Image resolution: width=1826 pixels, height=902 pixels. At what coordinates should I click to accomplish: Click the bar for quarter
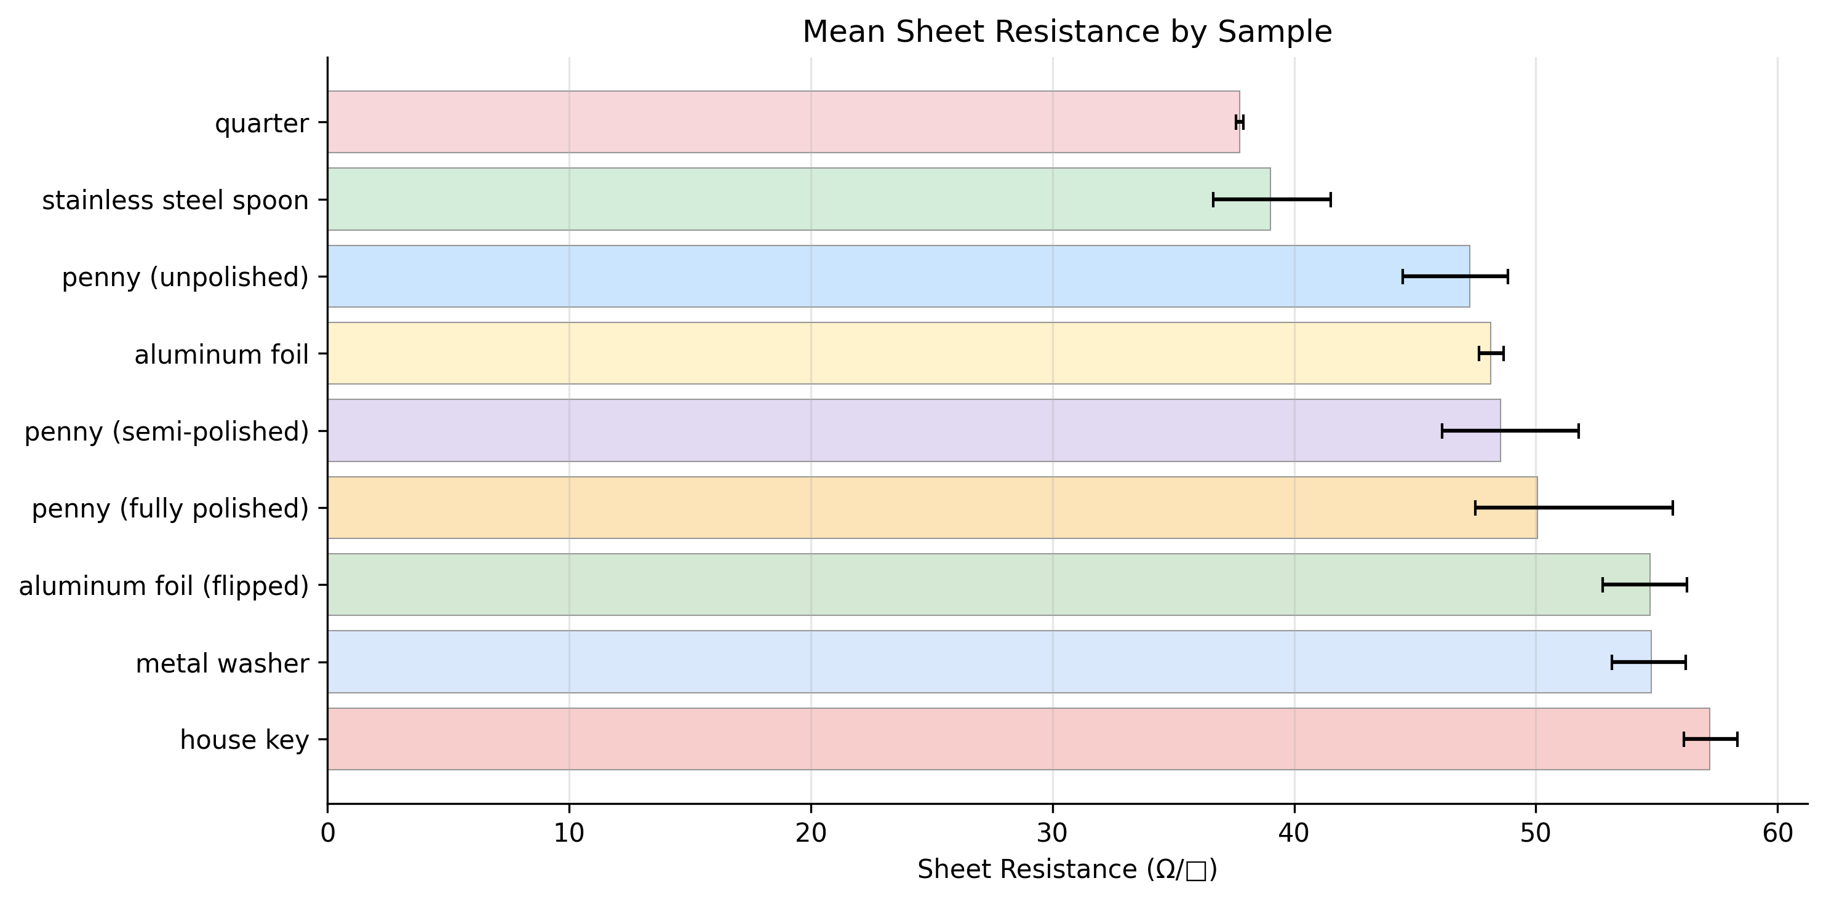pos(783,122)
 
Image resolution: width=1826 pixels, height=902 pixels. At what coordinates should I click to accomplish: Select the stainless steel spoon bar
pos(798,199)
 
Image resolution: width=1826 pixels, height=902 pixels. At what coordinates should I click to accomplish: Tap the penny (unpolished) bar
pos(898,276)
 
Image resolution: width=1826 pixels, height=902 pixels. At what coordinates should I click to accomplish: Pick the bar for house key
pos(1018,739)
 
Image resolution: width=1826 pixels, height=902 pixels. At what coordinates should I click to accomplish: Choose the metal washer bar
pos(988,661)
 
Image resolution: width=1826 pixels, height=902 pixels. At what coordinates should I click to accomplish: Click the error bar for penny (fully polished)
pos(1574,508)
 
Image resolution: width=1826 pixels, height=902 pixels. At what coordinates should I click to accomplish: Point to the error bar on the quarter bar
pos(1239,122)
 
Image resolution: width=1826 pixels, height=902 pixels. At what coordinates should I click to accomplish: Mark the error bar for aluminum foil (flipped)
pos(1645,585)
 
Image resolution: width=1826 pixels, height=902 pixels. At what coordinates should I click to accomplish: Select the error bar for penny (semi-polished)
pos(1510,431)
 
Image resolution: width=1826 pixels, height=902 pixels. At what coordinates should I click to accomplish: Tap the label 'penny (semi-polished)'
pos(167,431)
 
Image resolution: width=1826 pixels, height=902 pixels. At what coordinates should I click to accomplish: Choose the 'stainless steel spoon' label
pos(175,201)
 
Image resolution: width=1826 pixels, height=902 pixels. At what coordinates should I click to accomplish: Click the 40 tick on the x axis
pos(1294,832)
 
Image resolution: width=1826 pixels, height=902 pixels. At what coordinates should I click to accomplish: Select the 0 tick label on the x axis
pos(327,832)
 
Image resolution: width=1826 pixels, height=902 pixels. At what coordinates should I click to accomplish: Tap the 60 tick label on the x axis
pos(1777,832)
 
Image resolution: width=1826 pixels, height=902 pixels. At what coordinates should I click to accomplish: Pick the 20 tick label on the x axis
pos(810,832)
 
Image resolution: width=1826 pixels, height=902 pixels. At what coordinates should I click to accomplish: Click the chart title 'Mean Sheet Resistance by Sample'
pos(1067,32)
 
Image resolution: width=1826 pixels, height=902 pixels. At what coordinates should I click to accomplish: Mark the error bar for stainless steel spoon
pos(1272,199)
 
